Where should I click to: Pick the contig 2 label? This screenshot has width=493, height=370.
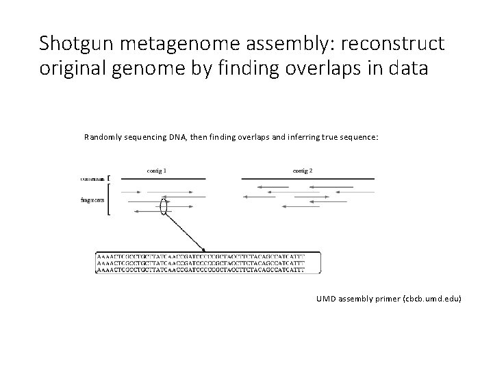[302, 170]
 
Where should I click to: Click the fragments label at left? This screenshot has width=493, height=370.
[92, 199]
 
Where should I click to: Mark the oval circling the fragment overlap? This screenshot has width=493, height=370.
[164, 205]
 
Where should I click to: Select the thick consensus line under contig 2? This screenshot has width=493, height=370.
[307, 178]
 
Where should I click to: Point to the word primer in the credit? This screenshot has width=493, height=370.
[388, 299]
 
